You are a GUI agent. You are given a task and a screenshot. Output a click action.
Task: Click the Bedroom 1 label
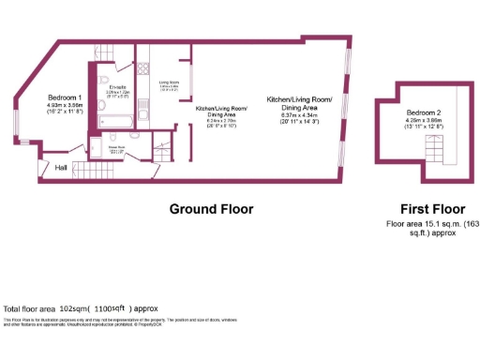click(66, 97)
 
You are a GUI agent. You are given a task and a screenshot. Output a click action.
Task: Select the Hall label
click(60, 168)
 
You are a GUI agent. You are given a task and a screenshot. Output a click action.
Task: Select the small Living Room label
click(169, 82)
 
